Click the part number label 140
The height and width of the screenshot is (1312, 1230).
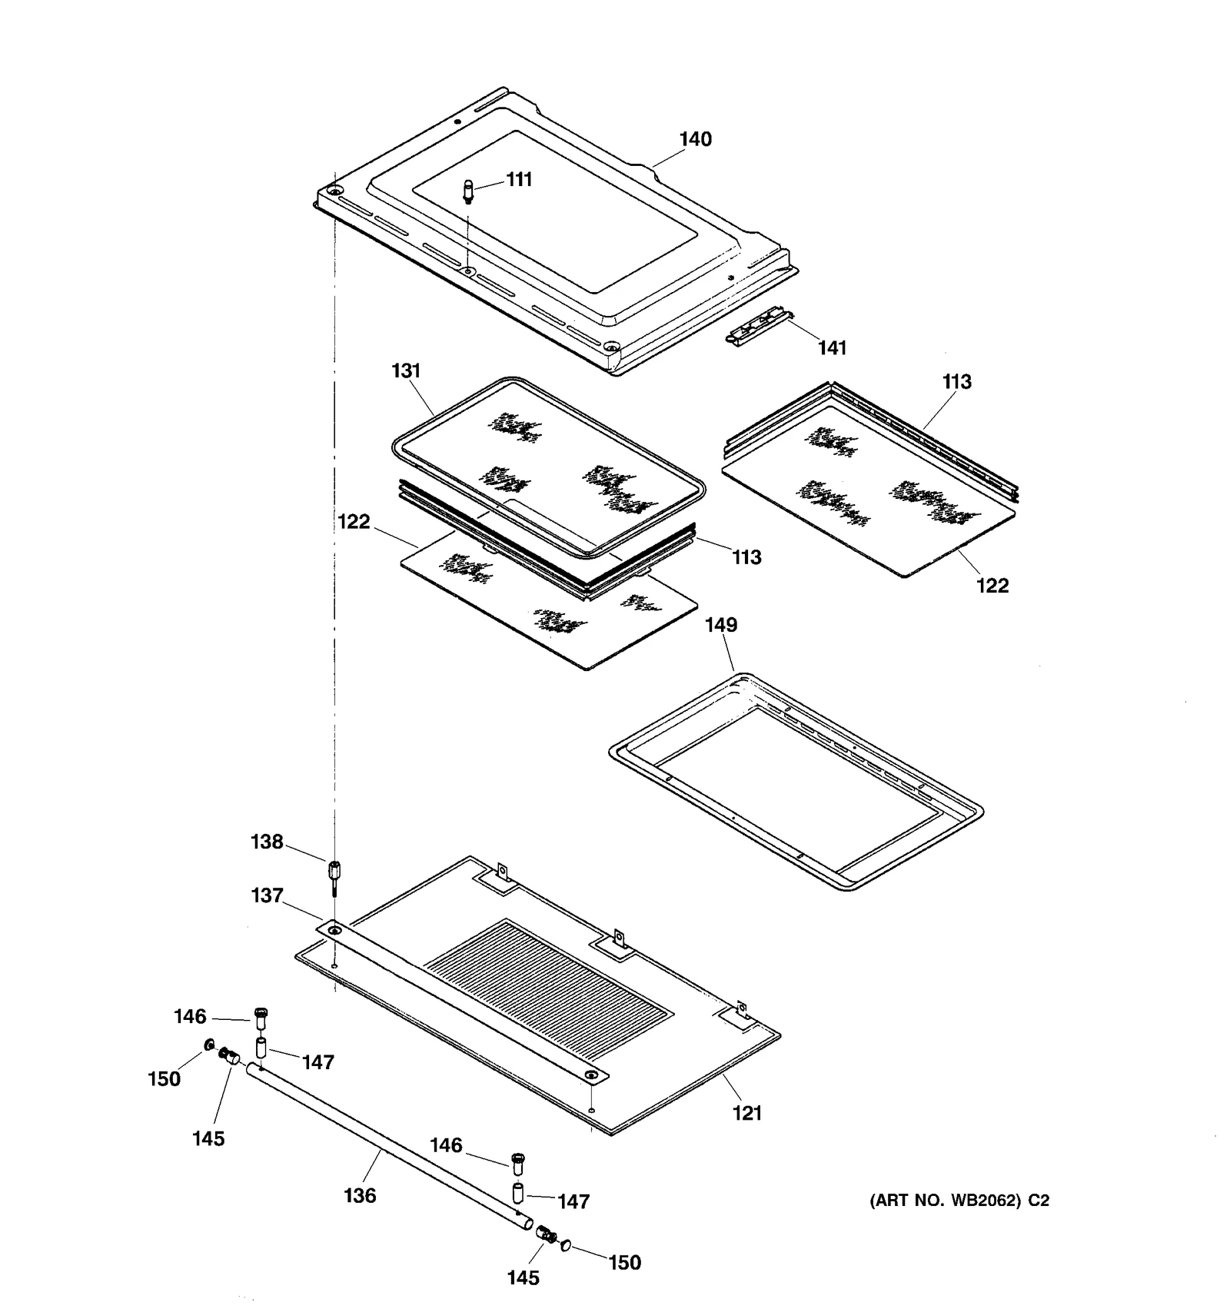[x=695, y=139]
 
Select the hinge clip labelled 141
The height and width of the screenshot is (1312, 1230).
[x=759, y=327]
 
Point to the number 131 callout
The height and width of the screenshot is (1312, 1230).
[x=406, y=370]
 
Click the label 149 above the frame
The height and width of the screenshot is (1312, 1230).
[x=721, y=625]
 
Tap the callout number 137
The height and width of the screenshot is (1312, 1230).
[x=267, y=895]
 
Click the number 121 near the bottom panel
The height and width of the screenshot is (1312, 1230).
[x=746, y=1113]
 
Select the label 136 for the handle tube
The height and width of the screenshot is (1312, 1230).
[x=360, y=1195]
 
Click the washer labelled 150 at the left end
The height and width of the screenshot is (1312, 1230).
[x=208, y=1045]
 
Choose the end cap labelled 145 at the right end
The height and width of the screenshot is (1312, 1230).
[x=548, y=1234]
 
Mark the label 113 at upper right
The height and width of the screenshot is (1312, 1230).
[x=956, y=382]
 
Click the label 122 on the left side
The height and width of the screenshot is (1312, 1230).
[x=354, y=522]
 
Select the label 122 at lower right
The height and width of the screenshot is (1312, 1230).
[x=992, y=586]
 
